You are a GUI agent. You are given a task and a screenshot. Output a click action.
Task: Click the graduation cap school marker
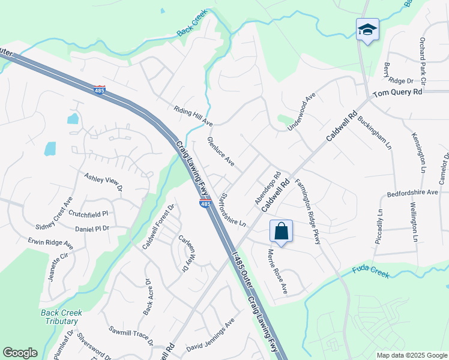(367, 29)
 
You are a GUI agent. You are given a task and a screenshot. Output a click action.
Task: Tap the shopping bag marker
(281, 231)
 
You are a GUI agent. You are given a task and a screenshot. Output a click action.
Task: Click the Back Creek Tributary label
(61, 317)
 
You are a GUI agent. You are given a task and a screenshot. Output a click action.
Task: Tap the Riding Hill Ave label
(193, 116)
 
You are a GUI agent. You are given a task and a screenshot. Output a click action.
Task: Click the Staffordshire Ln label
(233, 209)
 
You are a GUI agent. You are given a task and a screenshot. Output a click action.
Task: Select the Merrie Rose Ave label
(277, 272)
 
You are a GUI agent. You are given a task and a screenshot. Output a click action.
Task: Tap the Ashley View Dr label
(103, 182)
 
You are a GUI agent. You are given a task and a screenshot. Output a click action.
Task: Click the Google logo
(20, 353)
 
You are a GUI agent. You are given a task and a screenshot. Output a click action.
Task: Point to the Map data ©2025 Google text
(411, 355)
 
